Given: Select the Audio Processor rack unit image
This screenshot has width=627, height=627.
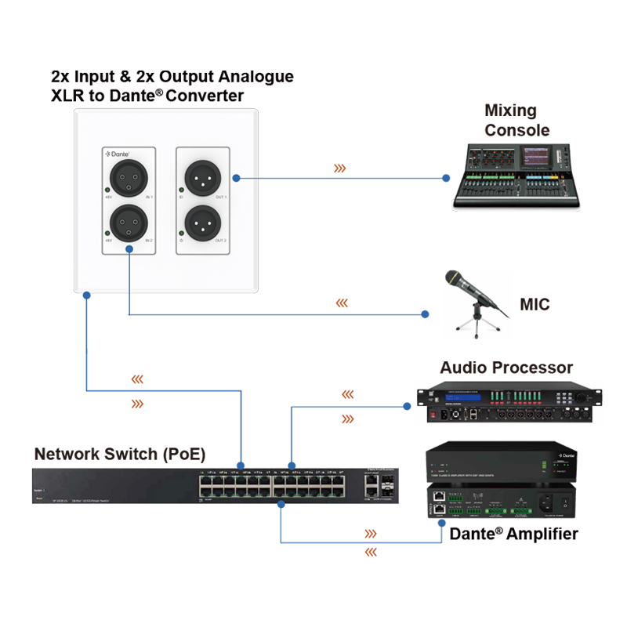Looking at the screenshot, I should [509, 404].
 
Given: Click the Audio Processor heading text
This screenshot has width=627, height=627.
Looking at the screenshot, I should [506, 368].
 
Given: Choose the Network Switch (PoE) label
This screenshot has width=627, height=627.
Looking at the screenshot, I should [120, 454].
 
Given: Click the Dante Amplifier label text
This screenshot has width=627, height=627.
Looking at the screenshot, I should [513, 535].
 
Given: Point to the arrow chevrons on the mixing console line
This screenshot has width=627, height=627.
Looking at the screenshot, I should [340, 168].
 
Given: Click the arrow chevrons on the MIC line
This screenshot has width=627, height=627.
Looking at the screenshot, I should [341, 303].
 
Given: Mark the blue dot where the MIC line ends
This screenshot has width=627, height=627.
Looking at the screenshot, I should [425, 314].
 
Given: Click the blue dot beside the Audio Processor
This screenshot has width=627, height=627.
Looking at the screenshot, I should [407, 406].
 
